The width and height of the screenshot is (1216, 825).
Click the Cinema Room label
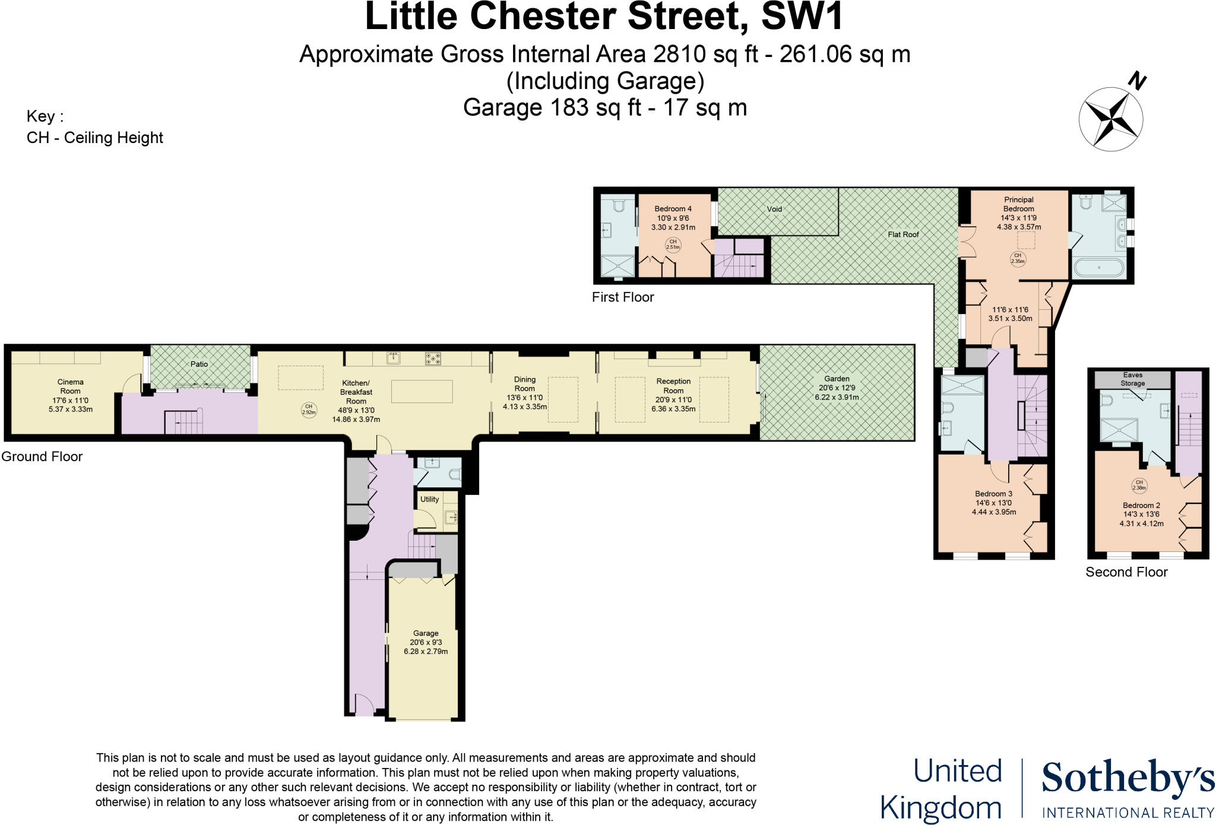coord(70,386)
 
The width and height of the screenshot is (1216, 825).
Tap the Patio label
coord(199,364)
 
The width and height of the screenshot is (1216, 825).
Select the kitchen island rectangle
coord(422,392)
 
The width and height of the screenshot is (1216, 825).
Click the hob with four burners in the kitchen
coord(433,358)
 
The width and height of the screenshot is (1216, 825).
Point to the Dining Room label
coord(524,384)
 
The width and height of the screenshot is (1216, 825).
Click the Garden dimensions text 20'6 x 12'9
coord(837,388)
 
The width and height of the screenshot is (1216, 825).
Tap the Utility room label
coord(429,499)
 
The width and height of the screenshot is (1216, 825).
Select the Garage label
coord(426,633)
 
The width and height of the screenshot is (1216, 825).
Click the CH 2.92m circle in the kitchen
coord(309,410)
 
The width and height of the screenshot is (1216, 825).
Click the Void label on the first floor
coord(774,209)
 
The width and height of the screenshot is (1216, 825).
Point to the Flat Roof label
coord(903,234)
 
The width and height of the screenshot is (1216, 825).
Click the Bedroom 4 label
coord(673,209)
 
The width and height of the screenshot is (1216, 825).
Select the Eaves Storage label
coord(1132,379)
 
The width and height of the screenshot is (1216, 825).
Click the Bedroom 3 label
coord(993,494)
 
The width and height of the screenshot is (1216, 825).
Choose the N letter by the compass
coord(1137,81)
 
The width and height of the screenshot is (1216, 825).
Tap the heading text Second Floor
coord(1126,572)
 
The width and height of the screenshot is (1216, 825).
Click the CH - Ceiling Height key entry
coord(95,138)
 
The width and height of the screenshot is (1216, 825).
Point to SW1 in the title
coord(802,17)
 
